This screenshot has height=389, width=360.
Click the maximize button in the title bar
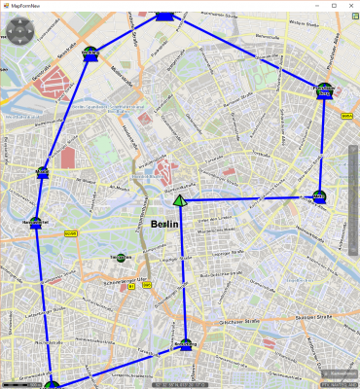(x=334, y=5)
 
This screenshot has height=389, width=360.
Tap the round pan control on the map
(x=20, y=31)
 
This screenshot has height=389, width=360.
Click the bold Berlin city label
(x=165, y=224)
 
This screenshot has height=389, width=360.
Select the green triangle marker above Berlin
(x=180, y=200)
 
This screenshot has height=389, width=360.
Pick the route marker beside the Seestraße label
(x=90, y=53)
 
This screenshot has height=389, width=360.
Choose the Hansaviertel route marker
(x=35, y=225)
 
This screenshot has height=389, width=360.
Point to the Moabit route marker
(x=42, y=173)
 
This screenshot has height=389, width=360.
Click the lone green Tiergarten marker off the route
(x=120, y=257)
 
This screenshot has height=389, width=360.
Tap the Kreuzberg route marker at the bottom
(x=185, y=344)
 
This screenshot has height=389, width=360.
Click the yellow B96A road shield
(x=347, y=115)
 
